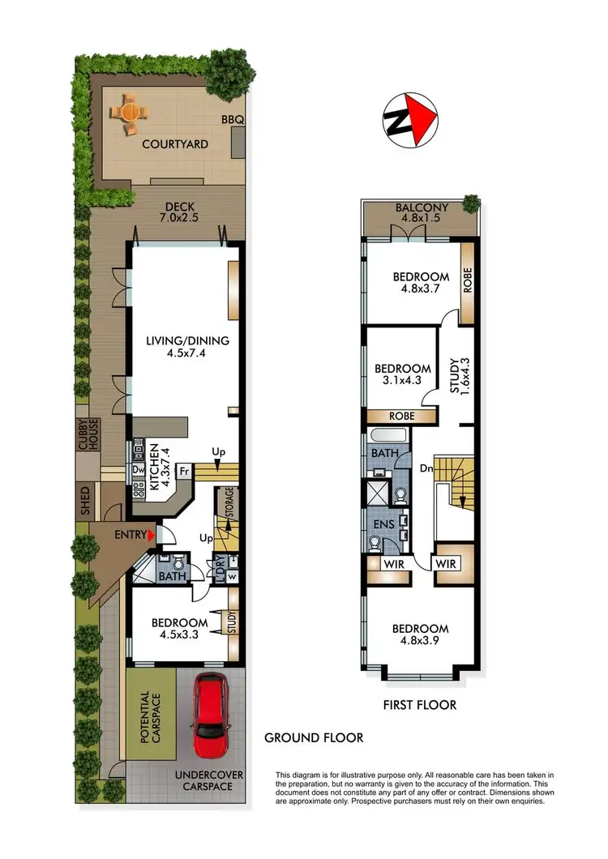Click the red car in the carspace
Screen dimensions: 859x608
pos(211,716)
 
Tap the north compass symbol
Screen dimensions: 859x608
pos(410,121)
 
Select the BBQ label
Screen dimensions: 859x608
pos(233,121)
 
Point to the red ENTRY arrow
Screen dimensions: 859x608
pos(150,534)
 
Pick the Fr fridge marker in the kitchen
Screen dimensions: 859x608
pos(184,471)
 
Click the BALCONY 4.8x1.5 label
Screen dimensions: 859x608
pos(421,214)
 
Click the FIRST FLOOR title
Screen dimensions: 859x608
pos(420,705)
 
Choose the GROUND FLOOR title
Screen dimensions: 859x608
pos(314,737)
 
